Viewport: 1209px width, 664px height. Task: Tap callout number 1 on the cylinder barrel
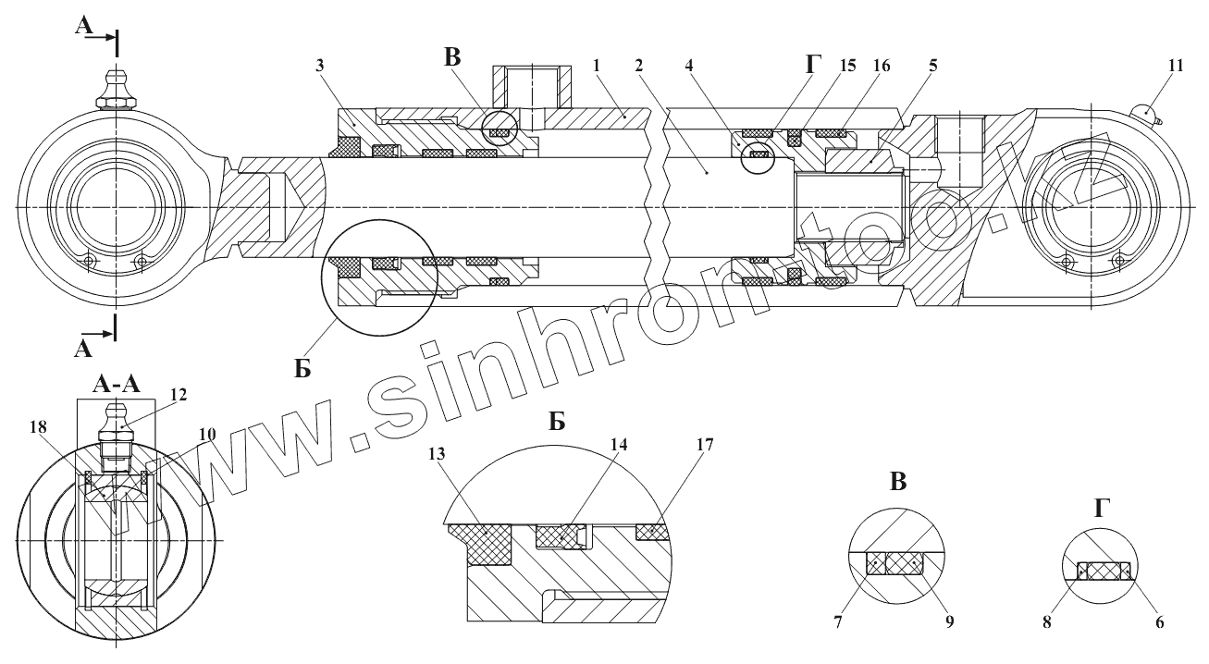598,67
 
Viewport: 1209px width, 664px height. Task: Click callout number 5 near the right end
933,67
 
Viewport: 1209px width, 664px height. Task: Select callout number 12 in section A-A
179,394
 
